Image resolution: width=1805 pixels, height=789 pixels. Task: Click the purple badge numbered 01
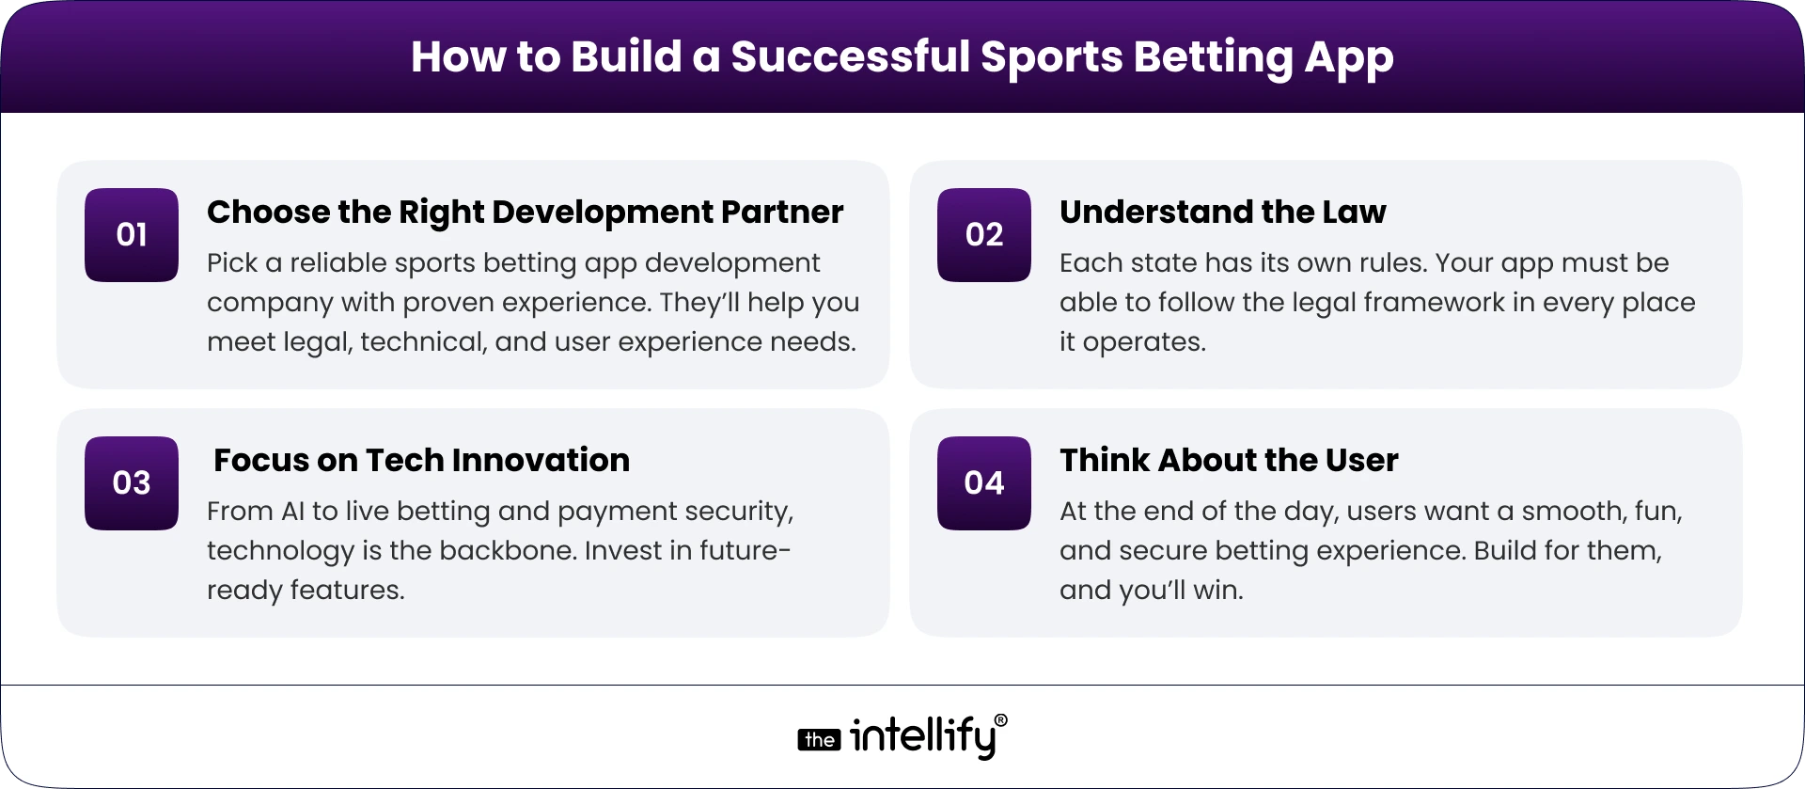coord(132,235)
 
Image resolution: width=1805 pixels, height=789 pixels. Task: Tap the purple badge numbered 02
coord(983,235)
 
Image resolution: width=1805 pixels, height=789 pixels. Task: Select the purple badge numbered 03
coord(132,483)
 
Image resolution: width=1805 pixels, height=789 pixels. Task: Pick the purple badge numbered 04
coord(983,483)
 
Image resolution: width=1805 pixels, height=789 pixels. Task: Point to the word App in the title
coord(1348,58)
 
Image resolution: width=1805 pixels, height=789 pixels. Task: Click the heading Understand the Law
coord(1222,213)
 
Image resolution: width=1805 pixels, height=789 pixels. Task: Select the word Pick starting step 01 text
coord(232,263)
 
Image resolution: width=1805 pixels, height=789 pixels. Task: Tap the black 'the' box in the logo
coord(819,740)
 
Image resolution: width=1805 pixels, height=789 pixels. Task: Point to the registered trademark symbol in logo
coord(1000,721)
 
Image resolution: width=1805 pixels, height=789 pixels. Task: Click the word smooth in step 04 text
coord(1560,512)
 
